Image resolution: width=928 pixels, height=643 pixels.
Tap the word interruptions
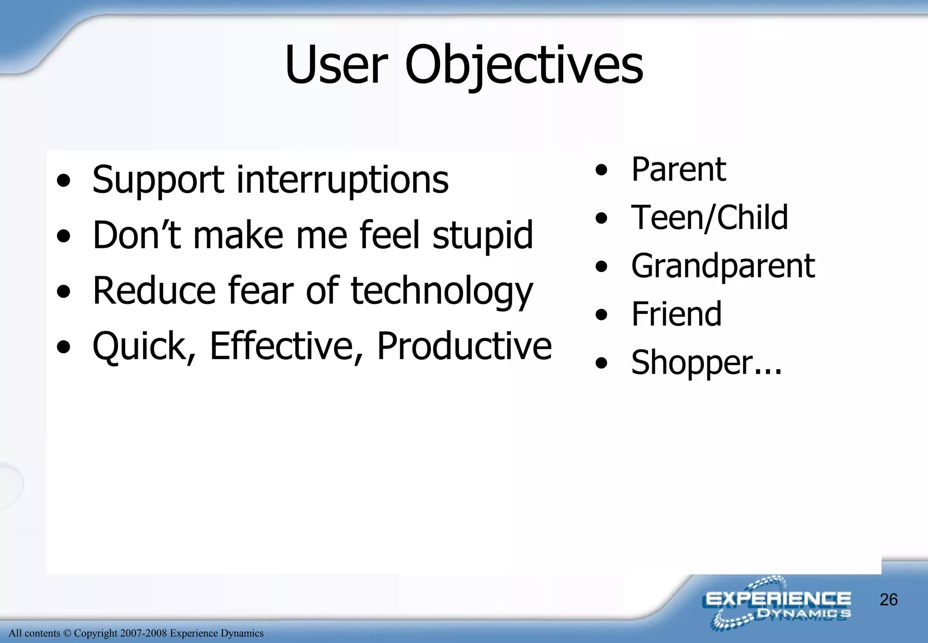point(343,180)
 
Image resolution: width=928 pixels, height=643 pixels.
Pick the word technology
point(442,292)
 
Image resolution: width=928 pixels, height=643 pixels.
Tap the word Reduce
point(154,291)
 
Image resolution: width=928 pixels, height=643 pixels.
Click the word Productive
point(464,346)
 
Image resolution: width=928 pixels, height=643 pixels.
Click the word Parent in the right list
point(678,169)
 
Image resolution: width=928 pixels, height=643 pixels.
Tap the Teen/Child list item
point(709,218)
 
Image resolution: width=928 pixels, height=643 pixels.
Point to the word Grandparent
point(723,266)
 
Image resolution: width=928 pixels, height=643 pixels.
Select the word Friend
point(676,314)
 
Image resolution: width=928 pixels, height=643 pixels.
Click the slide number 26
point(888,599)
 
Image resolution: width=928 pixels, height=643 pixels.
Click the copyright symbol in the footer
point(67,633)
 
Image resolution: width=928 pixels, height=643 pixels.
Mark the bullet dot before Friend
point(601,314)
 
